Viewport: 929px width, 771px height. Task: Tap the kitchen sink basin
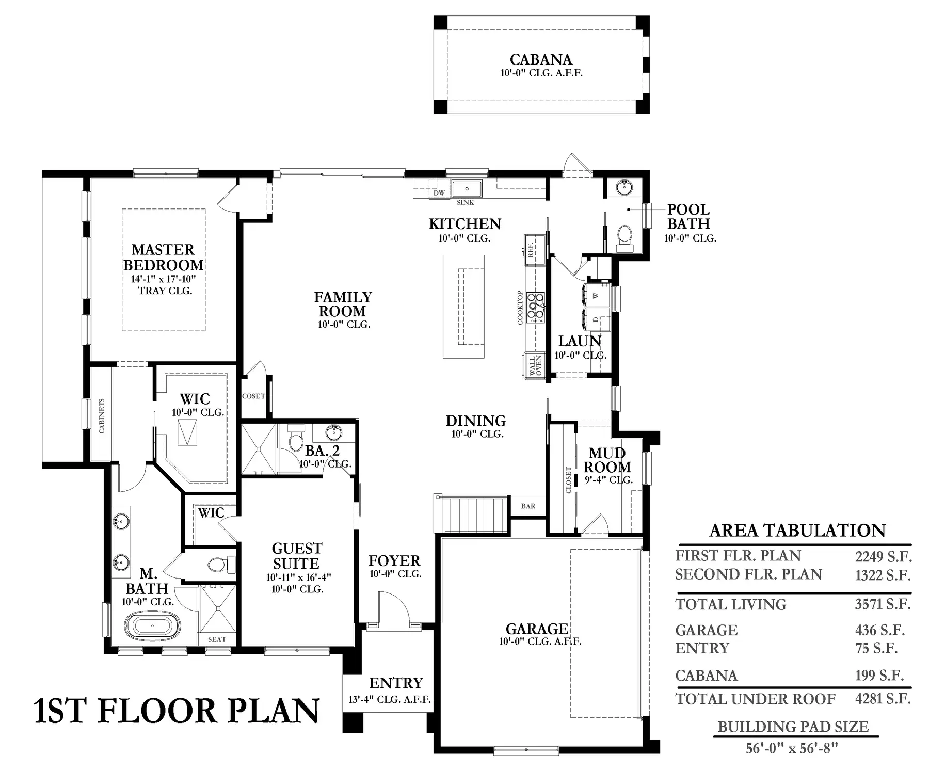467,188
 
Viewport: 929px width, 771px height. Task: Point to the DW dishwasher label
439,193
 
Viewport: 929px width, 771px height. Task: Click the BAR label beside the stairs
528,506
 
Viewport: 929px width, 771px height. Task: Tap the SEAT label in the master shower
217,639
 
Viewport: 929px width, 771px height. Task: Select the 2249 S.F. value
883,556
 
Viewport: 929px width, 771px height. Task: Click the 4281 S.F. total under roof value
883,699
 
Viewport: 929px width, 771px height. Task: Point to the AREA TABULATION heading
797,531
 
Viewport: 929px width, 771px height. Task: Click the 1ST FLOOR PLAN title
177,711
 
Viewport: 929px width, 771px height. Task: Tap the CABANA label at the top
541,59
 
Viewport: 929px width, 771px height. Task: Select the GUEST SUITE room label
297,556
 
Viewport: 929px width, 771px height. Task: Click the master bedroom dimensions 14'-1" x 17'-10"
163,279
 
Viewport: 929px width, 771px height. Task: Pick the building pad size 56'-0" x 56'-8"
792,748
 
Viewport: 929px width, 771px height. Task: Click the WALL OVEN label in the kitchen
535,366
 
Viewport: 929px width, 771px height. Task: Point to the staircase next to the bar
472,514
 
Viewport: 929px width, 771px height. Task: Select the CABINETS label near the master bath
101,415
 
